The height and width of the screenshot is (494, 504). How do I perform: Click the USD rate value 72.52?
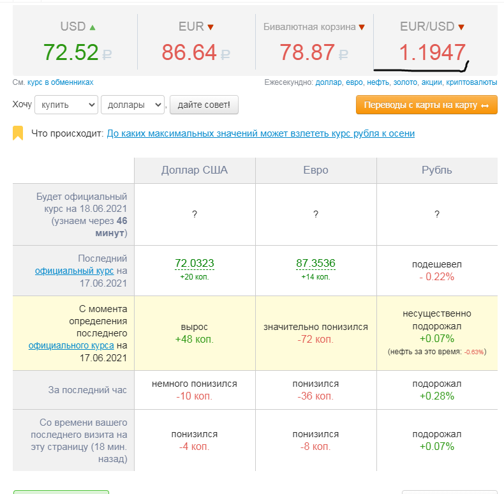click(x=71, y=52)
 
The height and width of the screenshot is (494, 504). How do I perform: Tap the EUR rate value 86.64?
click(x=189, y=52)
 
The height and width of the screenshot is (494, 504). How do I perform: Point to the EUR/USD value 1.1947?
click(x=433, y=52)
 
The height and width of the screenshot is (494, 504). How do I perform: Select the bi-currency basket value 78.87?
click(x=307, y=52)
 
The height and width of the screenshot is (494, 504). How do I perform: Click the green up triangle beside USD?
click(x=93, y=27)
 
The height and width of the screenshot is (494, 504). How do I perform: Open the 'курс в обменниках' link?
click(x=61, y=82)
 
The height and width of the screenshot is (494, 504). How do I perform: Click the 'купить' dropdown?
click(x=66, y=105)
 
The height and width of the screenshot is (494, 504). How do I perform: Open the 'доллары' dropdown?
click(x=133, y=105)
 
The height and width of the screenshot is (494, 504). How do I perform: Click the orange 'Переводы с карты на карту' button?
click(x=427, y=105)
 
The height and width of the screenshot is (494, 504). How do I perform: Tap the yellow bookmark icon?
click(x=18, y=133)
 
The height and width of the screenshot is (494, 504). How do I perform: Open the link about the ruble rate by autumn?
click(x=261, y=133)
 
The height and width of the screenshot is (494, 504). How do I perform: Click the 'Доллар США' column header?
click(x=195, y=170)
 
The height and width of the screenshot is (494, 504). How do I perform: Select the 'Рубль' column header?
click(x=437, y=170)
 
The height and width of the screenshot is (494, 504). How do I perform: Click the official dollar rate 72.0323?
click(x=195, y=263)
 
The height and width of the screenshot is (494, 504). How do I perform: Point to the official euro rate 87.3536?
click(x=316, y=263)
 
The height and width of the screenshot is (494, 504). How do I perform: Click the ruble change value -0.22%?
click(x=437, y=276)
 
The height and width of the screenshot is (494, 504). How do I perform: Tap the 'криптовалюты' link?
click(x=471, y=82)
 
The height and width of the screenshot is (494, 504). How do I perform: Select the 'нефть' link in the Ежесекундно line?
click(x=378, y=82)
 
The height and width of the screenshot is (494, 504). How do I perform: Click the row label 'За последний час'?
click(x=87, y=390)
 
